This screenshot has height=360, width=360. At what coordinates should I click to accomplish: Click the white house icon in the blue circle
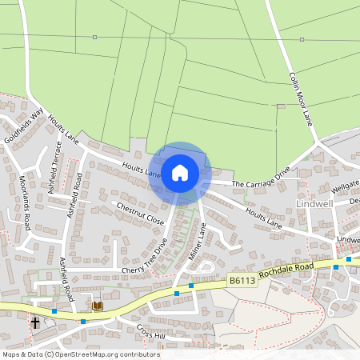(x=180, y=173)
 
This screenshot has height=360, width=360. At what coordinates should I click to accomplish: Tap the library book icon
(x=98, y=306)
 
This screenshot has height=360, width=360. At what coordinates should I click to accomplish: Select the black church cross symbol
(x=35, y=322)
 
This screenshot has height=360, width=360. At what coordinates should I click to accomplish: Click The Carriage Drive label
(x=261, y=178)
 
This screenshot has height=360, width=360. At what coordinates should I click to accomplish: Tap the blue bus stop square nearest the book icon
(x=83, y=322)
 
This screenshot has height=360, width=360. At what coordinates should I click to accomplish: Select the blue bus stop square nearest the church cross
(x=54, y=310)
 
